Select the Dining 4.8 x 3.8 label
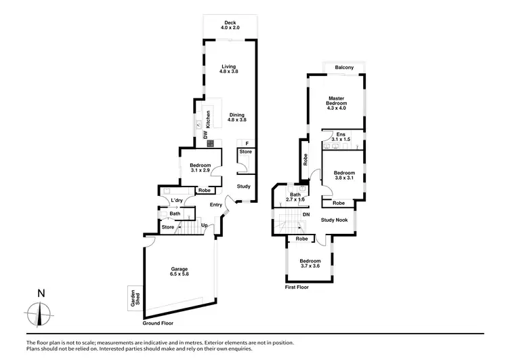point(237,117)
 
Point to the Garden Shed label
point(134,299)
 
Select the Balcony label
point(343,67)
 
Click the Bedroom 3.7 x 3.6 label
point(310,264)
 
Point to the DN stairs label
point(306,216)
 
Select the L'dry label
point(177,201)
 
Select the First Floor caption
point(296,287)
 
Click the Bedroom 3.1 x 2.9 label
point(200,168)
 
